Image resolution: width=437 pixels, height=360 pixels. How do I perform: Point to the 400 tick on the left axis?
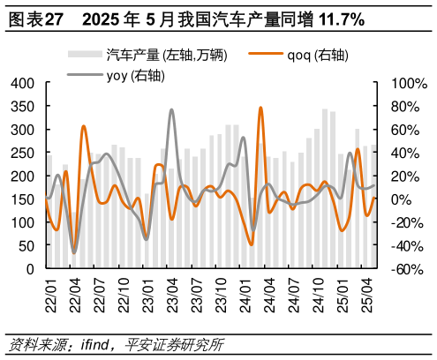click(x=22, y=83)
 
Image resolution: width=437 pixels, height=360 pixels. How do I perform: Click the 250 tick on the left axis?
click(x=22, y=153)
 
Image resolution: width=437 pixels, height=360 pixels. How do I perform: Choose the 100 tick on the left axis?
click(x=22, y=222)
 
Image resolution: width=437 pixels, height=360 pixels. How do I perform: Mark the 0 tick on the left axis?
click(x=30, y=268)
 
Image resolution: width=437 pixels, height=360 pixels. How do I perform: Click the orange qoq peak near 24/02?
click(x=260, y=108)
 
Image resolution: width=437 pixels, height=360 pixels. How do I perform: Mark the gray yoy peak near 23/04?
click(x=171, y=109)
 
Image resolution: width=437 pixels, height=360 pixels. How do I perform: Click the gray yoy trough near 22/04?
click(x=74, y=253)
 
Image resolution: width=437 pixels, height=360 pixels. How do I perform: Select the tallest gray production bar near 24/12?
click(x=325, y=189)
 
